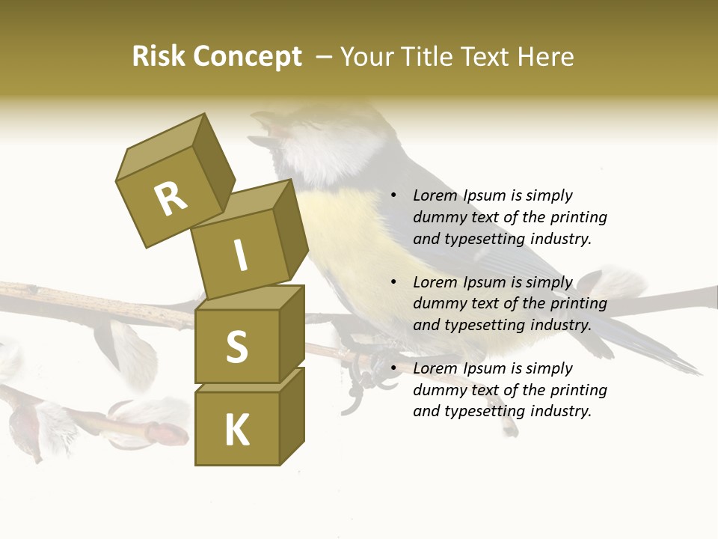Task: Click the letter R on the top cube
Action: point(171,198)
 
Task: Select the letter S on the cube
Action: point(236,347)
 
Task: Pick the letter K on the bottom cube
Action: point(237,430)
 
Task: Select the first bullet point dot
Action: point(393,195)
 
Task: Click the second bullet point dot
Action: point(393,282)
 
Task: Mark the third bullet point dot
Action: point(393,368)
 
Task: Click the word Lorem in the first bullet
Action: point(435,195)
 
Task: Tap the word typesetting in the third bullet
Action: point(483,411)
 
